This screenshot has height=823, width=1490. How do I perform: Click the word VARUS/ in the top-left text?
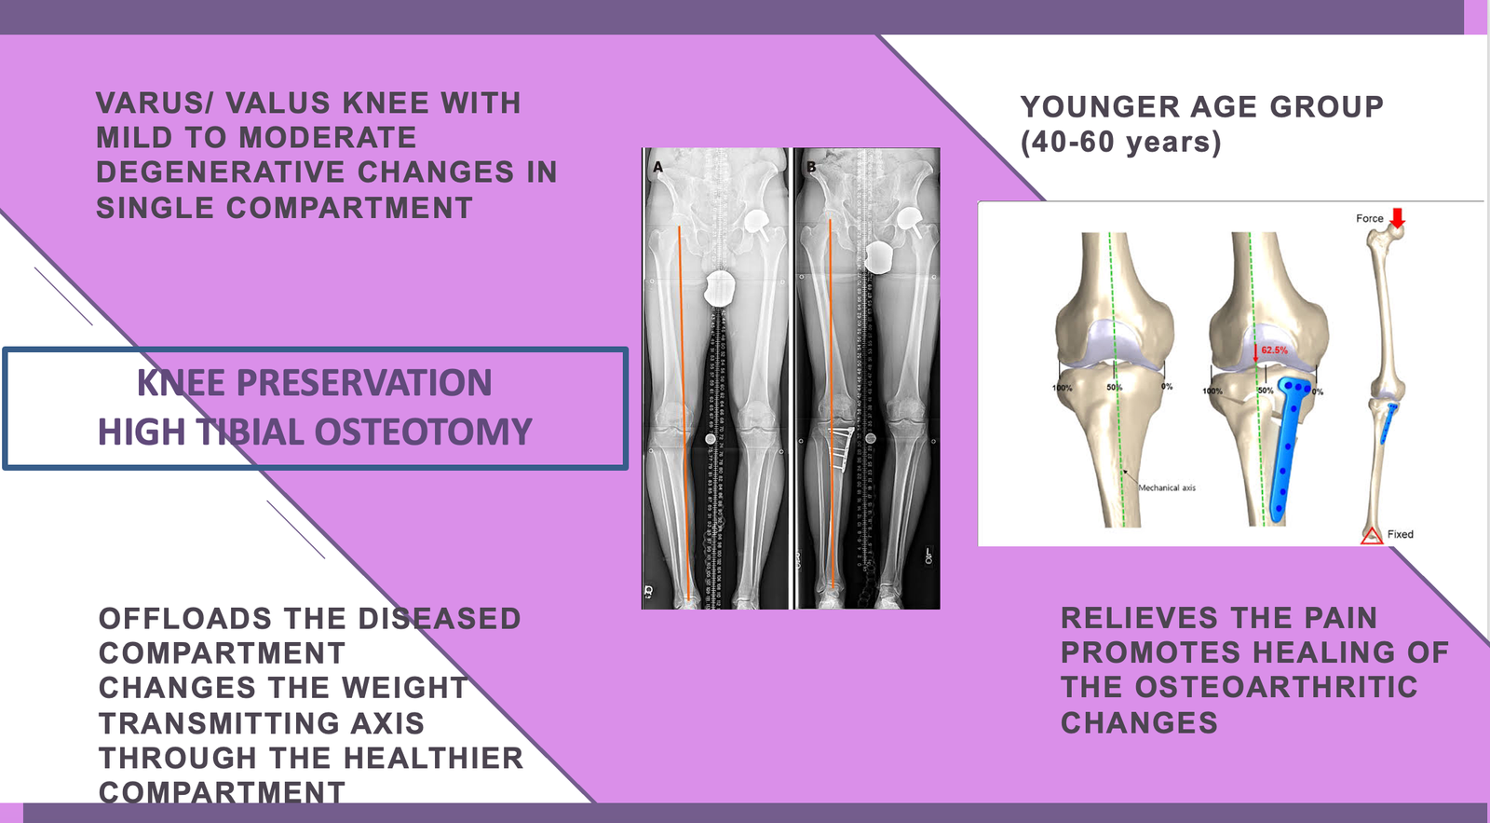click(x=153, y=103)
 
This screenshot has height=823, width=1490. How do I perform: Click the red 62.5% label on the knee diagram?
click(x=1274, y=350)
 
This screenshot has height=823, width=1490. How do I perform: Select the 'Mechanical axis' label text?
click(x=1167, y=487)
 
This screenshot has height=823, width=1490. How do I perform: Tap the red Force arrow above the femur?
click(x=1397, y=217)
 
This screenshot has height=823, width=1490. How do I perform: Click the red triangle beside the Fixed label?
click(x=1372, y=535)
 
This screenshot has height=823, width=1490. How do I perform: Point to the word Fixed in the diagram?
click(x=1400, y=534)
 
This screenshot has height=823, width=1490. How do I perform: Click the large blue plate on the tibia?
click(x=1286, y=447)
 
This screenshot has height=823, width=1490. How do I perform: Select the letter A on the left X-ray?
click(x=657, y=168)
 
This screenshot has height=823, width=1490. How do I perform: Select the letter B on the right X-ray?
click(x=811, y=168)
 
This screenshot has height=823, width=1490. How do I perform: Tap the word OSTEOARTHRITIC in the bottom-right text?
click(x=1276, y=688)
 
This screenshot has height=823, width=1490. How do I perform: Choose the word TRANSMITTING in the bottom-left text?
click(x=262, y=723)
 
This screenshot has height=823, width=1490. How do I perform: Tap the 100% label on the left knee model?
click(x=1062, y=388)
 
